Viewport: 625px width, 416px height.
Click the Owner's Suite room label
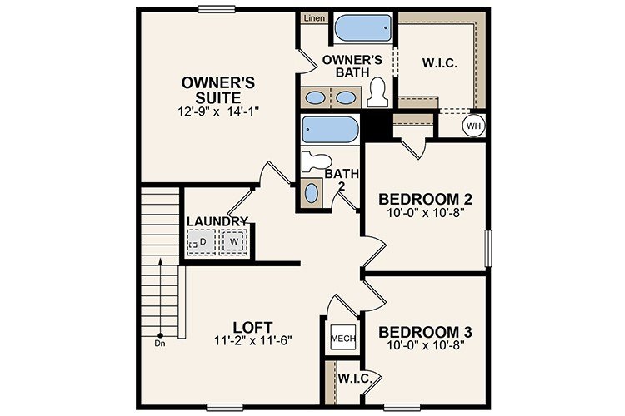(x=219, y=90)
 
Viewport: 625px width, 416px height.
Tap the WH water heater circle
(x=473, y=126)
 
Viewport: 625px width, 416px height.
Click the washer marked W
(x=233, y=242)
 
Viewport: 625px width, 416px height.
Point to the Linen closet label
(x=314, y=17)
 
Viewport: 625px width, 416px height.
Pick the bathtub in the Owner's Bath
(x=362, y=32)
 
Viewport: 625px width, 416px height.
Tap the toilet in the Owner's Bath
(x=377, y=92)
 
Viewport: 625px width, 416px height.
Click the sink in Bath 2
(x=312, y=194)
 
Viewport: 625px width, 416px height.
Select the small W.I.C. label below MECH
(x=355, y=379)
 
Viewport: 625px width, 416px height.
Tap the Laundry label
(x=217, y=220)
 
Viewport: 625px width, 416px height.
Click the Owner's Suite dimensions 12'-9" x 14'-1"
(x=219, y=111)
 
